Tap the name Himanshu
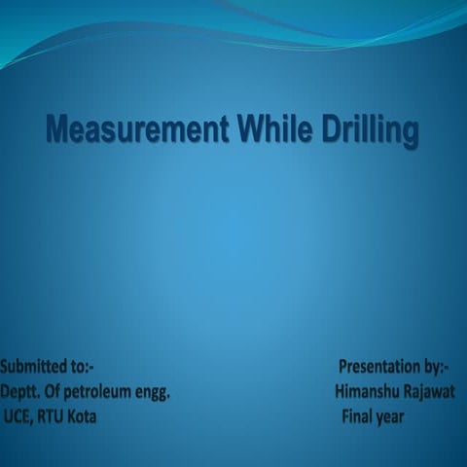click(369, 392)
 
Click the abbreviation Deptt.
click(19, 392)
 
